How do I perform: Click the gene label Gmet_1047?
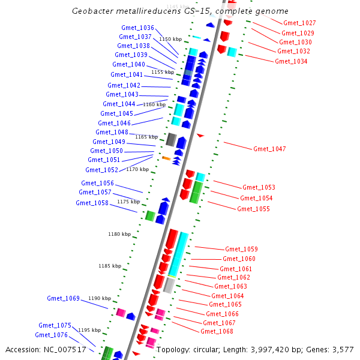pyautogui.click(x=269, y=149)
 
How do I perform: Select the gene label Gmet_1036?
pyautogui.click(x=138, y=28)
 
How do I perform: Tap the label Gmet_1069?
pyautogui.click(x=64, y=298)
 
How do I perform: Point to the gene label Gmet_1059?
pyautogui.click(x=241, y=249)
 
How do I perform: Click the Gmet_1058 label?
pyautogui.click(x=92, y=203)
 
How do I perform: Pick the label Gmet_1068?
pyautogui.click(x=217, y=331)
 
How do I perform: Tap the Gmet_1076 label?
pyautogui.click(x=51, y=335)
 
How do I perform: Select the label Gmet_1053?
pyautogui.click(x=259, y=187)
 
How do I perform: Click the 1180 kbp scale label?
pyautogui.click(x=119, y=234)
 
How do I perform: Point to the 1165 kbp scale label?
pyautogui.click(x=146, y=137)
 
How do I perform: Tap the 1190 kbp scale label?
pyautogui.click(x=100, y=298)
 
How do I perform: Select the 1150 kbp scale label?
pyautogui.click(x=170, y=39)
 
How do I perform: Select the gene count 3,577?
pyautogui.click(x=342, y=349)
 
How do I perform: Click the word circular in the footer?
pyautogui.click(x=208, y=349)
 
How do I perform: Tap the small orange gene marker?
pyautogui.click(x=166, y=158)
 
